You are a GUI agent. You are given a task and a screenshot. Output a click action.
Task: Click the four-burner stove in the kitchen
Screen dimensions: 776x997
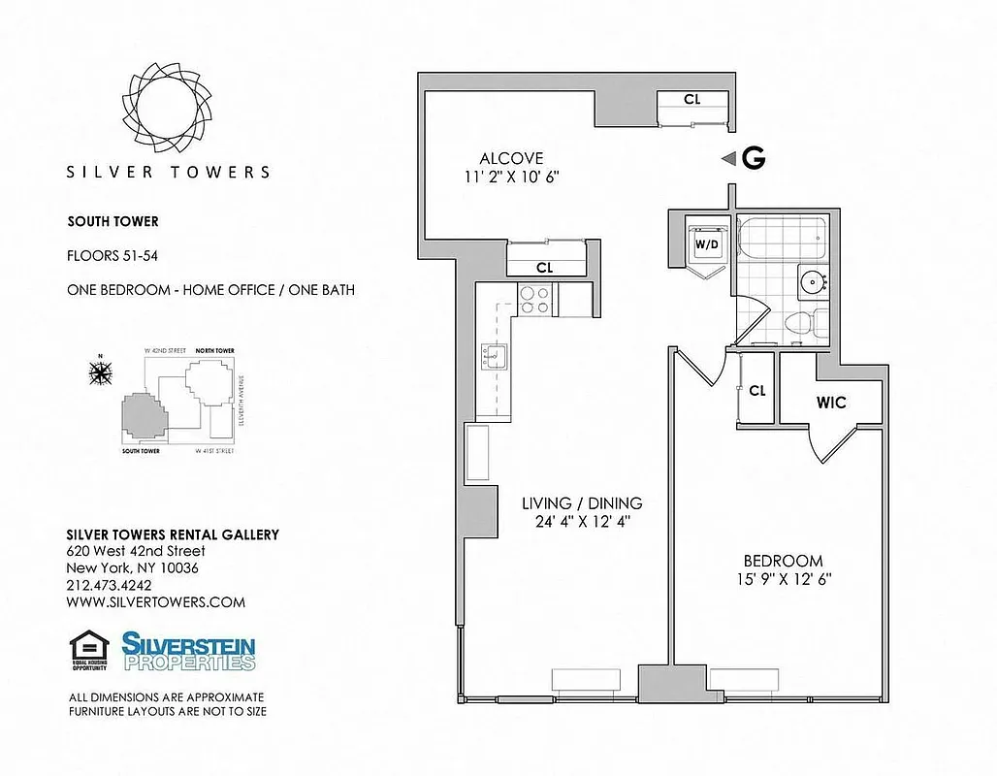click(534, 299)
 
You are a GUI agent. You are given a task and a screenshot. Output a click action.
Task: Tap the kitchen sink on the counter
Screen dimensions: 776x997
click(492, 359)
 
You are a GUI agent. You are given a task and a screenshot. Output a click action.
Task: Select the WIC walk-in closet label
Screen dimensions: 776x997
click(831, 402)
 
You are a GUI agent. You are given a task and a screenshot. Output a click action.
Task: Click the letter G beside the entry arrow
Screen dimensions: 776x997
click(753, 160)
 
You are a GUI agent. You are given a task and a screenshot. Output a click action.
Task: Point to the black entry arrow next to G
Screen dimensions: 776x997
click(727, 160)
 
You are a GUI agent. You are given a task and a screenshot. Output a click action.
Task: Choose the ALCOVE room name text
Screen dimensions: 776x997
click(511, 158)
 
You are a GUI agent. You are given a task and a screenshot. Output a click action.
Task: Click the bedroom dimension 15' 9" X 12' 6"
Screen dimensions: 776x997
click(783, 579)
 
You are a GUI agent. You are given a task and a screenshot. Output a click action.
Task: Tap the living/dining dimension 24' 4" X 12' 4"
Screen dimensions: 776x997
click(582, 522)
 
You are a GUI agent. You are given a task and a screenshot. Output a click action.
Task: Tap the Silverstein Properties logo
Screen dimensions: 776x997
click(188, 651)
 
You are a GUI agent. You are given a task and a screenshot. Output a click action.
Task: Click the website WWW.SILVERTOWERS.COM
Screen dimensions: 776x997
click(155, 602)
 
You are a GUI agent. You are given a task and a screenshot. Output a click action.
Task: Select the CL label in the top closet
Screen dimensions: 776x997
click(691, 99)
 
